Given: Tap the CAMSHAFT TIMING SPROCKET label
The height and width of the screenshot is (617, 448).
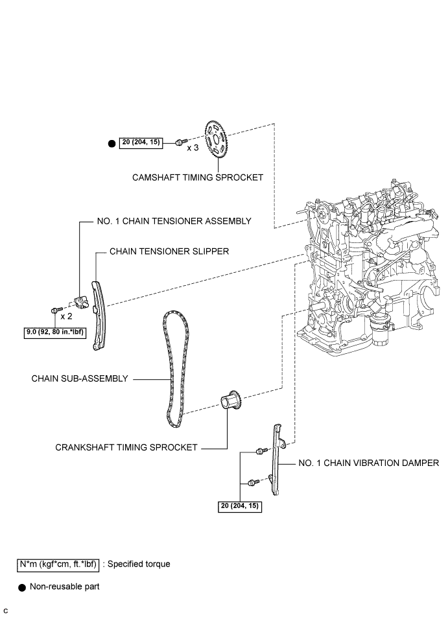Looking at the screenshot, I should pyautogui.click(x=197, y=178).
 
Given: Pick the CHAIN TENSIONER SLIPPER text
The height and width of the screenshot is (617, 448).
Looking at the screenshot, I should pyautogui.click(x=169, y=251).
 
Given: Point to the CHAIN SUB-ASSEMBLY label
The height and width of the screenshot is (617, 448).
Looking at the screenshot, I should pyautogui.click(x=80, y=378).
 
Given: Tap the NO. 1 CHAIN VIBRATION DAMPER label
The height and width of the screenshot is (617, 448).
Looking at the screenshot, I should pyautogui.click(x=368, y=463).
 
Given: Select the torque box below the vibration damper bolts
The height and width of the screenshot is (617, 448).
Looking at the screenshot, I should pyautogui.click(x=240, y=507).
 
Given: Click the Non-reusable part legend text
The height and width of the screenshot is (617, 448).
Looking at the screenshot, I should pyautogui.click(x=64, y=587).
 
